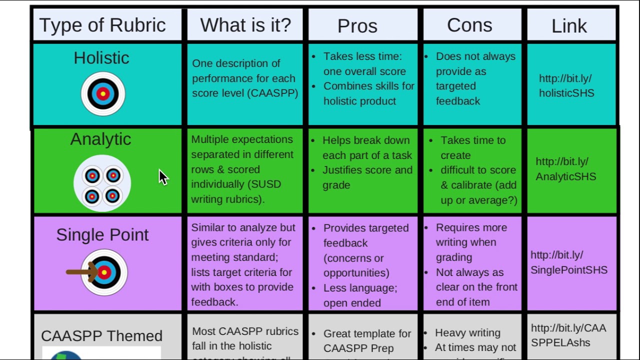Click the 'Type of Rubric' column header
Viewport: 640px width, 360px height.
(x=102, y=25)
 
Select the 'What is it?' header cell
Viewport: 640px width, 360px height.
(x=245, y=25)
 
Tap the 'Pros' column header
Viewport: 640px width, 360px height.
(x=357, y=26)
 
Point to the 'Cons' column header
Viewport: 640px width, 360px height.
(x=469, y=25)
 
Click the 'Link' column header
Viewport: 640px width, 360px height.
(x=569, y=26)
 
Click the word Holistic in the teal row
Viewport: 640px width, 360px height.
(x=101, y=58)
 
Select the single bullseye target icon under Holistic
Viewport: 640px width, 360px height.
(x=103, y=93)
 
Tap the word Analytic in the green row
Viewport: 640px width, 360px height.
(x=100, y=139)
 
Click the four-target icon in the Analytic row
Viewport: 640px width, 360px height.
(x=102, y=185)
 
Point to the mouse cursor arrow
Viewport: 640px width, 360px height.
(x=163, y=176)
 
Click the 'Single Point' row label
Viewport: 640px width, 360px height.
(x=102, y=234)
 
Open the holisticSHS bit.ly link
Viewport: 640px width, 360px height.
(x=566, y=86)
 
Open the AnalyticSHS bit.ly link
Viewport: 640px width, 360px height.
(x=565, y=169)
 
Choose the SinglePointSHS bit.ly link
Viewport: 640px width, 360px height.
(x=568, y=262)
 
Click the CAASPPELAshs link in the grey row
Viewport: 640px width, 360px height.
(x=568, y=335)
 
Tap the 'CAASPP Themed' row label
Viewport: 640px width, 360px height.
(x=101, y=335)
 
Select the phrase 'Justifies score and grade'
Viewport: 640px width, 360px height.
(x=367, y=177)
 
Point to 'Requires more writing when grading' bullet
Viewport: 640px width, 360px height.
(x=470, y=242)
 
